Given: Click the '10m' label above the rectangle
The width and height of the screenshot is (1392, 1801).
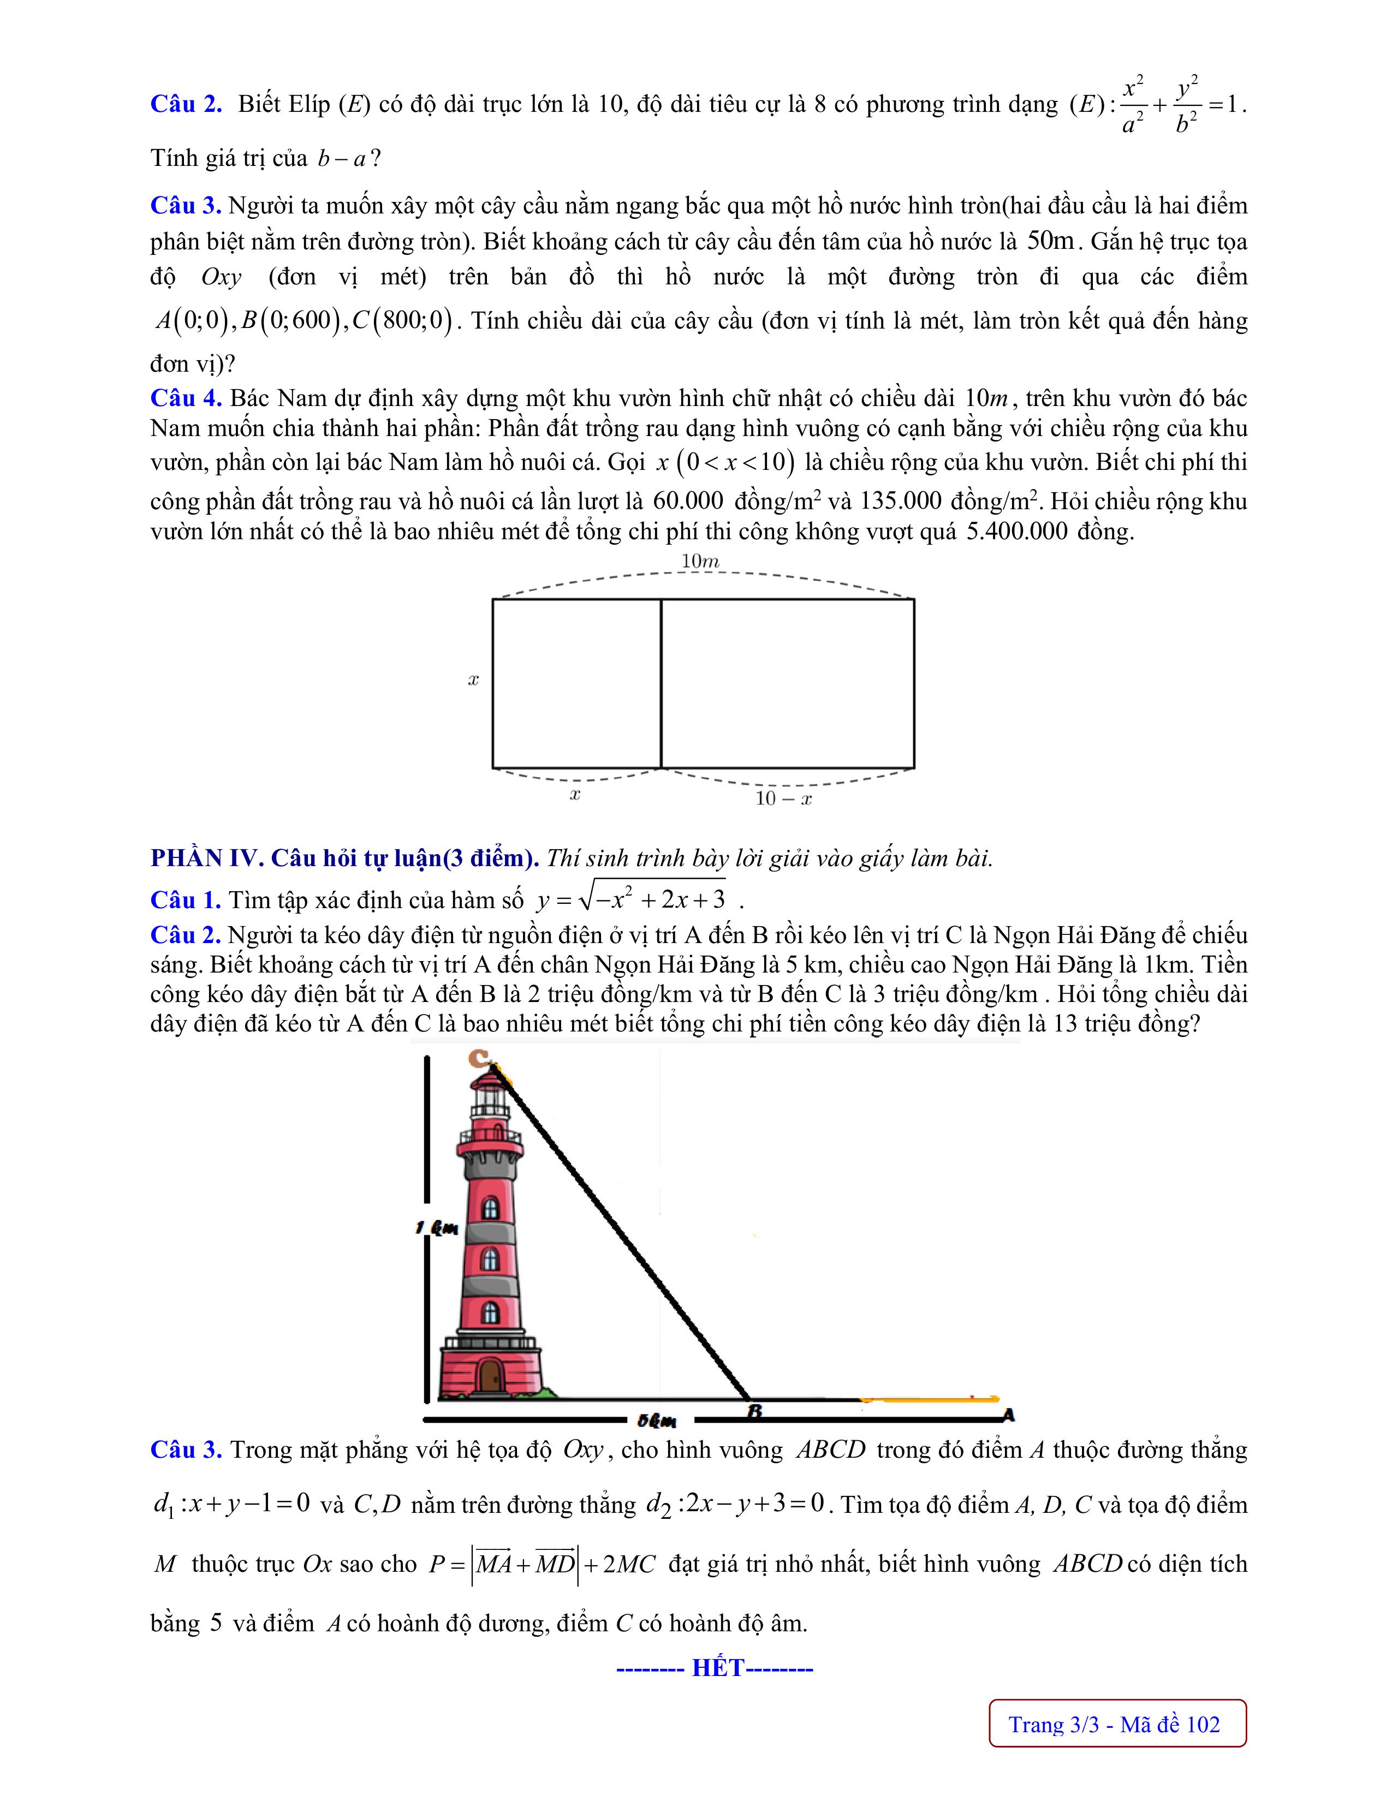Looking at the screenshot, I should [x=700, y=562].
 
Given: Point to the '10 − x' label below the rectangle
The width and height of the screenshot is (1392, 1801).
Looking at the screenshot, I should [x=783, y=798].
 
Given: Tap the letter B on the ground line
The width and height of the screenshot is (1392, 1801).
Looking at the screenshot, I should [x=754, y=1412].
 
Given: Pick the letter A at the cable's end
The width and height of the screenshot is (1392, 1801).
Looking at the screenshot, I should [x=1008, y=1416].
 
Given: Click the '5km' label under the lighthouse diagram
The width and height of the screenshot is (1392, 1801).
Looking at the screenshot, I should [x=657, y=1420].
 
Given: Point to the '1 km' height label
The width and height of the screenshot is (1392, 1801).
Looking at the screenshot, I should [x=437, y=1229].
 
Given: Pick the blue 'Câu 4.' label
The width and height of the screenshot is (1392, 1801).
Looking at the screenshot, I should [x=186, y=398].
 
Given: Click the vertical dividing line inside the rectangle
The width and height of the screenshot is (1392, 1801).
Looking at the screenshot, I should [x=662, y=683].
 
